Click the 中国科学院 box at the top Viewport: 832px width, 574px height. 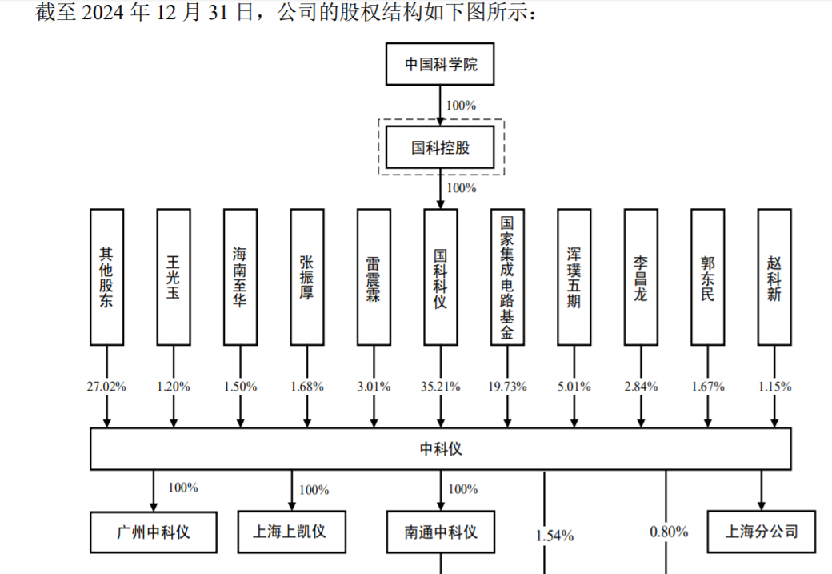(x=441, y=64)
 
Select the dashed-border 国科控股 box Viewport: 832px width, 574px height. (x=441, y=147)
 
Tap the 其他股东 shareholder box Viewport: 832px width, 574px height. (x=106, y=277)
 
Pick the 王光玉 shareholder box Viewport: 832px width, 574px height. (x=174, y=277)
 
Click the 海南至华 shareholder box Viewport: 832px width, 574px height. (x=240, y=277)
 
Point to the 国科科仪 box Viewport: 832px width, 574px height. (x=441, y=277)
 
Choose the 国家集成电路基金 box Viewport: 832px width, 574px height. (x=507, y=277)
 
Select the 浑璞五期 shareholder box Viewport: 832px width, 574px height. (x=574, y=277)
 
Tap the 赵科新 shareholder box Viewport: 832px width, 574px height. (x=774, y=277)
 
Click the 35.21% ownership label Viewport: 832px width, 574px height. (x=441, y=387)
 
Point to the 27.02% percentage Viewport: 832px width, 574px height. (x=106, y=387)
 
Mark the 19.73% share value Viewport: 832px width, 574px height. (x=507, y=387)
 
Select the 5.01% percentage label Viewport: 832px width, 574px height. (x=574, y=387)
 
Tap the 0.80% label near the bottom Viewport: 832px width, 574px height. (x=668, y=531)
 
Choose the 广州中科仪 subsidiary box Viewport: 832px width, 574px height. (x=154, y=532)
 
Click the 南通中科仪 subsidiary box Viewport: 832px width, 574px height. (x=441, y=532)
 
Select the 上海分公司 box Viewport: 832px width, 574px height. (x=762, y=530)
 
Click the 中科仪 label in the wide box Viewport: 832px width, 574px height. (x=441, y=449)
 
